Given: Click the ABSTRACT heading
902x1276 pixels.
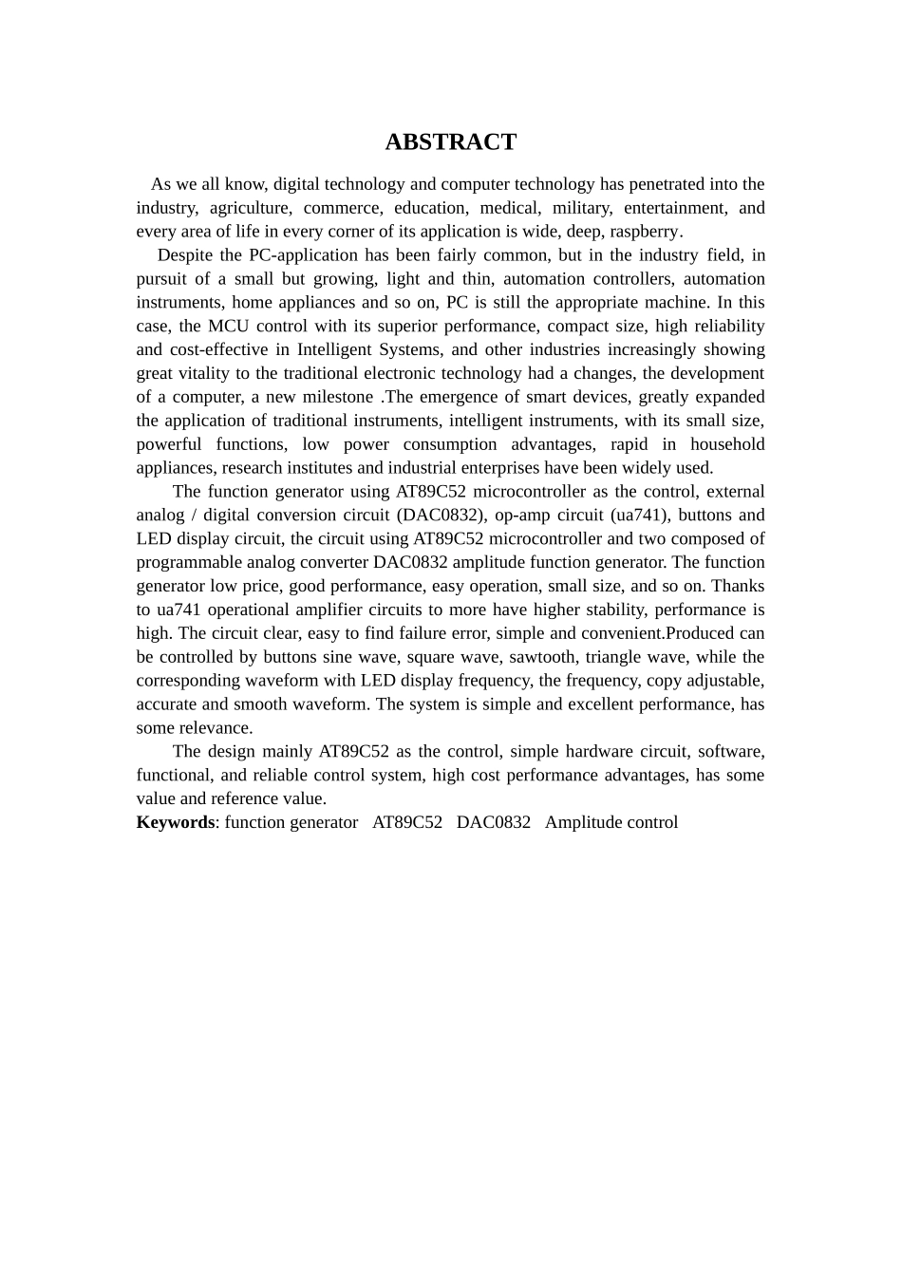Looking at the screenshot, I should click(x=450, y=142).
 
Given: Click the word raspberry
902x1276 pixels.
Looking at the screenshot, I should click(x=645, y=232).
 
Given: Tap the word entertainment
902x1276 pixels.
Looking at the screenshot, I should click(x=673, y=208).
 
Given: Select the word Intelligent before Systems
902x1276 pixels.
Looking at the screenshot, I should click(x=338, y=349).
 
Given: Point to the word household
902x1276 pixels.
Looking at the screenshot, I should click(x=726, y=444).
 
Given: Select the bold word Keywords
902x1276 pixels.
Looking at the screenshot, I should click(x=176, y=822).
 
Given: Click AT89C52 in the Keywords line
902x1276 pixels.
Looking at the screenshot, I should click(x=406, y=822).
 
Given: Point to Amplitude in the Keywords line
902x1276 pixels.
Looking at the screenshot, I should click(x=579, y=822).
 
